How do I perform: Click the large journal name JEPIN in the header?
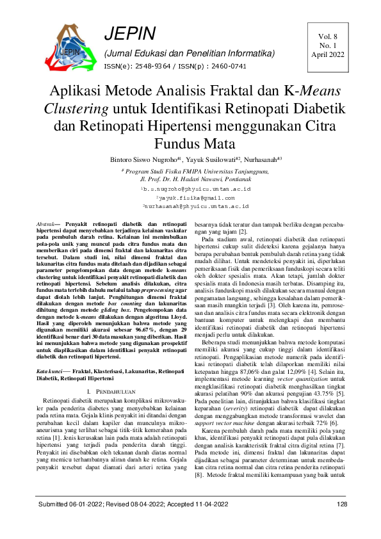129,34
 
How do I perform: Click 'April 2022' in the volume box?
327,55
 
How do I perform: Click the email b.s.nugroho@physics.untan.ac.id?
195,189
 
